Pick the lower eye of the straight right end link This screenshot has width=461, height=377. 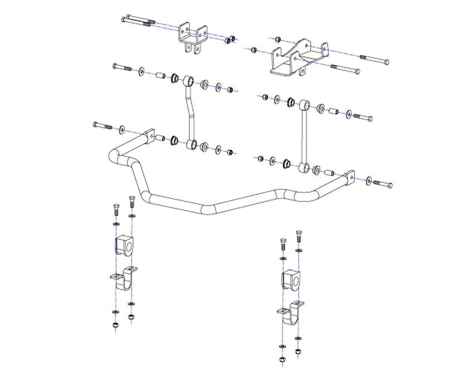pyautogui.click(x=304, y=166)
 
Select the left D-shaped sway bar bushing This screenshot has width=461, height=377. pyautogui.click(x=126, y=246)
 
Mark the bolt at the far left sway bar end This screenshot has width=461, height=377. pyautogui.click(x=104, y=126)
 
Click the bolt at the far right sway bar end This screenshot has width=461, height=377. pyautogui.click(x=383, y=183)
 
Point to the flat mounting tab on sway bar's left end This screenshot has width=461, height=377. pyautogui.click(x=149, y=135)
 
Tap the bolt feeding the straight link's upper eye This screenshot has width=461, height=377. pyautogui.click(x=362, y=117)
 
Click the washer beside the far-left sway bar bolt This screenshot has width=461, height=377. pyautogui.click(x=122, y=130)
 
